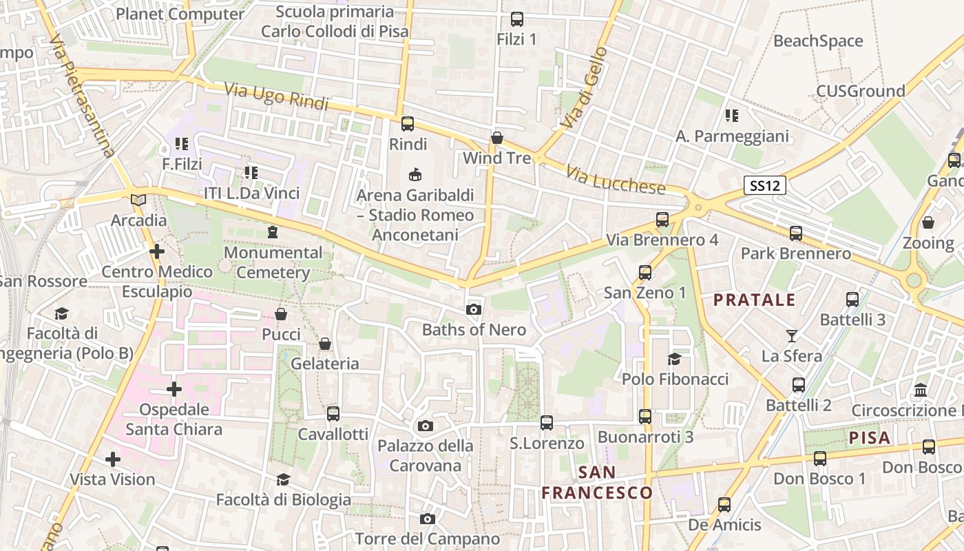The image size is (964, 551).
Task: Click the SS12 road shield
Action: [765, 185]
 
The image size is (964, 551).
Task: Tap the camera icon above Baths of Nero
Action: [473, 309]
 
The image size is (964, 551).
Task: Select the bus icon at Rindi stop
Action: [408, 124]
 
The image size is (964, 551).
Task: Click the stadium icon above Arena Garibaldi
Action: [415, 175]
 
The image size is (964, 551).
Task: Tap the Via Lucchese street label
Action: [616, 179]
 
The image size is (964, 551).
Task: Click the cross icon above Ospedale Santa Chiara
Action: [174, 389]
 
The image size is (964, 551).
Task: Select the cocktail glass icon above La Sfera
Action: [792, 336]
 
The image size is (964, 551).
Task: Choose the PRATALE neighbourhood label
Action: [754, 300]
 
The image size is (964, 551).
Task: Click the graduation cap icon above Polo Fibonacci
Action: [674, 359]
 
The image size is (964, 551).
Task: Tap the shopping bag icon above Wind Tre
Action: [496, 138]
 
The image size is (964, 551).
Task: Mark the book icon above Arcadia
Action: [138, 200]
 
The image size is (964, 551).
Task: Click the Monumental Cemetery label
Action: [273, 262]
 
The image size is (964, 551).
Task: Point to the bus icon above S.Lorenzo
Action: [547, 422]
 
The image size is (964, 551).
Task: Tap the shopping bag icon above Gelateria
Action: [325, 343]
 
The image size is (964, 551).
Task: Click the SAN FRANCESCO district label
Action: [597, 482]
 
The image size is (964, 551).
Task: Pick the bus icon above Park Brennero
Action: [796, 233]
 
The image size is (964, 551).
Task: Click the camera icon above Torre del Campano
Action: [428, 519]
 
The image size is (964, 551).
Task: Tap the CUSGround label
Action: [860, 91]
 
